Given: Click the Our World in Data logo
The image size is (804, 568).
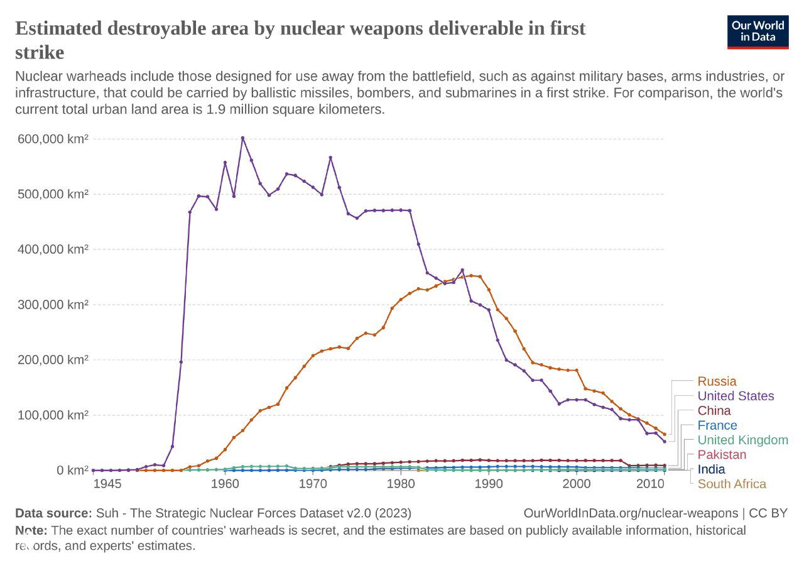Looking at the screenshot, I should click(758, 31).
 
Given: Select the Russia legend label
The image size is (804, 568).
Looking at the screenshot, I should click(717, 381).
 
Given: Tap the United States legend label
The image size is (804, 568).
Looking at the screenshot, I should click(736, 396).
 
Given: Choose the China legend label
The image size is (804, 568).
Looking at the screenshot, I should click(714, 411).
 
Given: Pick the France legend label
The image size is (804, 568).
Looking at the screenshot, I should click(717, 425).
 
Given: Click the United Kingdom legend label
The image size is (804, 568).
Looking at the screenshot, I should click(742, 440).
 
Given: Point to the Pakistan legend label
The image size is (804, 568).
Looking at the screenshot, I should click(722, 454).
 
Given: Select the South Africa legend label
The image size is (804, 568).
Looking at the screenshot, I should click(732, 484).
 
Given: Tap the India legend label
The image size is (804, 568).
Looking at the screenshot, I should click(711, 469).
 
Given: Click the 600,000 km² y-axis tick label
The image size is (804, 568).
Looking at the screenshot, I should click(52, 139).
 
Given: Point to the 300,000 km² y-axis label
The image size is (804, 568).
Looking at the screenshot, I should click(52, 305).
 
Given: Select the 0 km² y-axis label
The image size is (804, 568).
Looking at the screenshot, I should click(70, 471).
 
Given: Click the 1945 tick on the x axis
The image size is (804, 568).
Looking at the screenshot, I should click(107, 484).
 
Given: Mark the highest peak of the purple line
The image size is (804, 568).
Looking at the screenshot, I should click(242, 138).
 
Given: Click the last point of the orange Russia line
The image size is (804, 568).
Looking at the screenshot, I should click(665, 434).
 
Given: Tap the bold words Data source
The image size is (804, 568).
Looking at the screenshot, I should click(53, 513).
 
